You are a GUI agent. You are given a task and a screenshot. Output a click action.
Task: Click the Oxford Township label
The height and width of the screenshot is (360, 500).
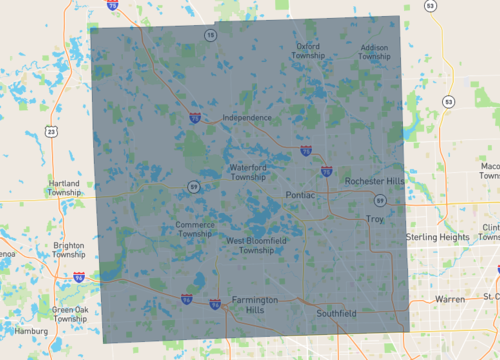(x=307, y=50)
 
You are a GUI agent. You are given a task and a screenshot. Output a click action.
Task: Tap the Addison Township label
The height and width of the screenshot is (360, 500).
(x=374, y=51)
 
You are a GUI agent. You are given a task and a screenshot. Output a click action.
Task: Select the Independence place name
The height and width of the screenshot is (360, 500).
(x=246, y=117)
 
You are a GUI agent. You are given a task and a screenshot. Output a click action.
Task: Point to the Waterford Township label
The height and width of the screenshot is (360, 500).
(x=248, y=172)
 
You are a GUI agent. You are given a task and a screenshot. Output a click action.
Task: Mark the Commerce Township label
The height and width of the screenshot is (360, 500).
(x=194, y=229)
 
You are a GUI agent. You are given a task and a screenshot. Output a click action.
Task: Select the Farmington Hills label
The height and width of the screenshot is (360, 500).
(x=248, y=306)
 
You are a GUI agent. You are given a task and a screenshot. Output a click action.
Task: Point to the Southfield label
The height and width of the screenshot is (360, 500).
(x=335, y=314)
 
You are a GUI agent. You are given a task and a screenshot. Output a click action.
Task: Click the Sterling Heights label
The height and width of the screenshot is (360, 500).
(x=437, y=237)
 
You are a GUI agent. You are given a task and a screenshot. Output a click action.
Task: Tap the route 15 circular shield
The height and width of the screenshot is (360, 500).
(x=210, y=35)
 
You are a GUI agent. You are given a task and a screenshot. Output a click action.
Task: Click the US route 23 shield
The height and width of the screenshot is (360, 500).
(x=50, y=131)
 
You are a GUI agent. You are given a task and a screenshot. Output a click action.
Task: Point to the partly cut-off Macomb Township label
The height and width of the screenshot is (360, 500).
(x=490, y=171)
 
